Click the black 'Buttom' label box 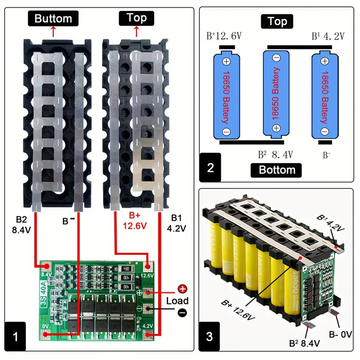(x=53, y=18)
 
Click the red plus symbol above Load (x=182, y=289)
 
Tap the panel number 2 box (x=211, y=168)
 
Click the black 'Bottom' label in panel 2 (x=277, y=170)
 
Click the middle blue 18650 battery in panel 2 (x=276, y=94)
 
